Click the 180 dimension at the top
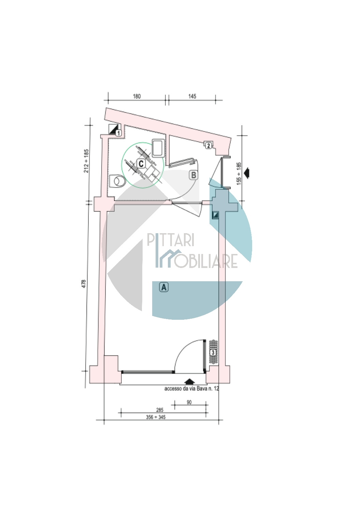137,96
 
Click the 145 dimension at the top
192,96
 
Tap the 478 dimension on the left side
84,284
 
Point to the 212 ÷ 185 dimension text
86,161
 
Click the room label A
164,287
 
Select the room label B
193,175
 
